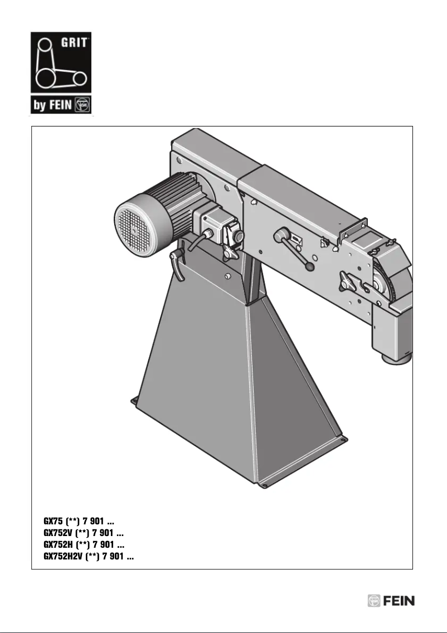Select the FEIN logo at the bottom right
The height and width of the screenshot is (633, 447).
point(391,601)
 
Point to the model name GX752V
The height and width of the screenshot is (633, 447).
point(58,533)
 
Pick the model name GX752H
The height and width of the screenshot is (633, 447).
point(58,544)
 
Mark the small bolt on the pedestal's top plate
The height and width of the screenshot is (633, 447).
point(227,275)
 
